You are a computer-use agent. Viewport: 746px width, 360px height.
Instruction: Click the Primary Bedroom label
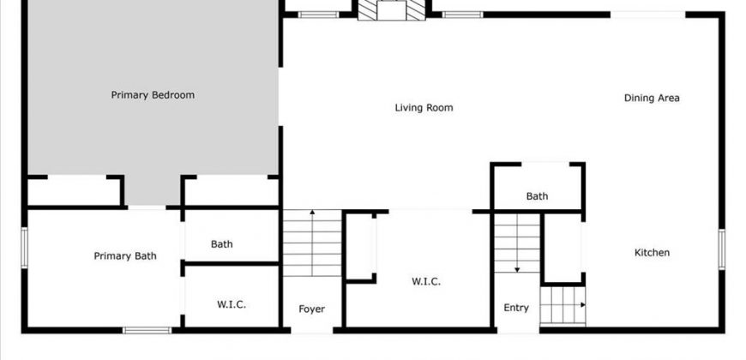(x=153, y=95)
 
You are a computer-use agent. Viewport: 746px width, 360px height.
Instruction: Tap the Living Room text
(x=424, y=108)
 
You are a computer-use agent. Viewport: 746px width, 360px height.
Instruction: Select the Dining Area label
(x=652, y=98)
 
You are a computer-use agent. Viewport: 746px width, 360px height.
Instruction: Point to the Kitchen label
(x=653, y=253)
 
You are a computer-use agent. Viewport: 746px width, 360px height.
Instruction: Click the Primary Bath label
(x=125, y=256)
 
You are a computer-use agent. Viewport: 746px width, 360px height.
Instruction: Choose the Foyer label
(x=311, y=309)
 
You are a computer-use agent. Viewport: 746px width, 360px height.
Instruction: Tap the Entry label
(x=516, y=308)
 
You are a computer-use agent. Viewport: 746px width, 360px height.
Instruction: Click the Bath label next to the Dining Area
(x=537, y=196)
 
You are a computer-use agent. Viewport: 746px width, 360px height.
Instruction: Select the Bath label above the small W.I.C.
(x=222, y=244)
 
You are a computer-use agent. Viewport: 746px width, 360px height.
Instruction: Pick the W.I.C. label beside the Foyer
(x=426, y=281)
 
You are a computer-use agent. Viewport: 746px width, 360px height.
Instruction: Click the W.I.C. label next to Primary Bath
(x=232, y=304)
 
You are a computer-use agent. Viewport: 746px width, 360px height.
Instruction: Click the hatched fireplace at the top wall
(x=392, y=10)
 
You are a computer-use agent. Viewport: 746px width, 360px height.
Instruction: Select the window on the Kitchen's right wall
(x=722, y=249)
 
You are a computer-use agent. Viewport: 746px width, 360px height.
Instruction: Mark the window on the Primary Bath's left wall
(x=24, y=248)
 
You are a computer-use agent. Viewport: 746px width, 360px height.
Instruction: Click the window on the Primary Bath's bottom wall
(x=147, y=330)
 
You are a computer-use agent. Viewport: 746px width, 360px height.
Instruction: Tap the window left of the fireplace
(x=319, y=15)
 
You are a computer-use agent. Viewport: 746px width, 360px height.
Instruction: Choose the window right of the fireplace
(x=462, y=15)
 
